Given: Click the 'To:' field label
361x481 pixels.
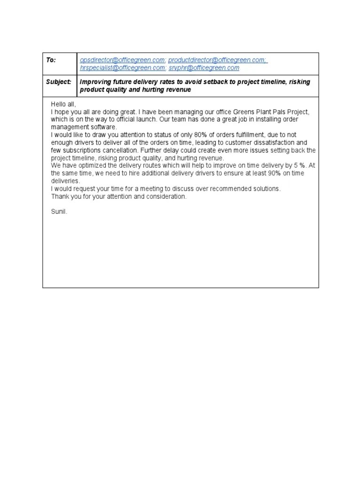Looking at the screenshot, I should [51, 60].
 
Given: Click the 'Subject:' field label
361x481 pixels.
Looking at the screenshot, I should [59, 82].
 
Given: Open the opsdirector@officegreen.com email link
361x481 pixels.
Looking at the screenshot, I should [122, 60].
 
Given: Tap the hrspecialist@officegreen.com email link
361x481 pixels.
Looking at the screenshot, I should [122, 68].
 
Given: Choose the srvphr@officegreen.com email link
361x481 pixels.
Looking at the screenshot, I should [204, 68].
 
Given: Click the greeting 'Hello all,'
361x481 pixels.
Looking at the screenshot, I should [63, 104].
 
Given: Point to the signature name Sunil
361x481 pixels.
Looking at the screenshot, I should [59, 212].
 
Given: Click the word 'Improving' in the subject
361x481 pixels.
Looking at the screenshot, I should [96, 82].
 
